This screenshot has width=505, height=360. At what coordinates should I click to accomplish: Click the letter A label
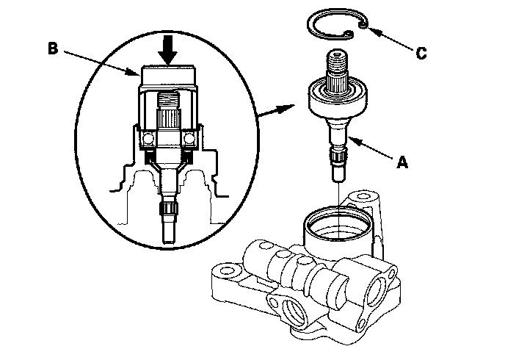pos(402,162)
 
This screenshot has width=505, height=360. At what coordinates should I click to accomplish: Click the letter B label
pos(53,48)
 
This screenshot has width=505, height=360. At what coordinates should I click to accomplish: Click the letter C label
pos(421,53)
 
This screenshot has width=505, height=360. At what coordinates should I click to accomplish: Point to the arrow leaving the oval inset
pos(276,109)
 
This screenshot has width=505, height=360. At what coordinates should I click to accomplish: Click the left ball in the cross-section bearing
pos(149,139)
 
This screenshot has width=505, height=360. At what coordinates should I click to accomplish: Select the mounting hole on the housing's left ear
pos(226,269)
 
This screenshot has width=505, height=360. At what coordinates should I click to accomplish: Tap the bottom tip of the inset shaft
pos(169,242)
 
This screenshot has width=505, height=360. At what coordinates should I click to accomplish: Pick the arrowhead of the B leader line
pos(134,72)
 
